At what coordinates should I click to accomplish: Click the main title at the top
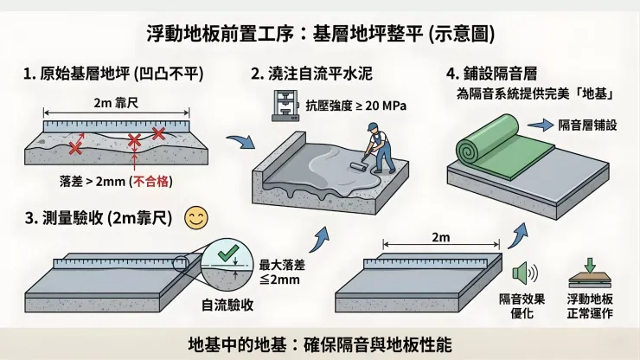coord(320,34)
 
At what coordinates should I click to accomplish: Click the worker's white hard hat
coord(372,127)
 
